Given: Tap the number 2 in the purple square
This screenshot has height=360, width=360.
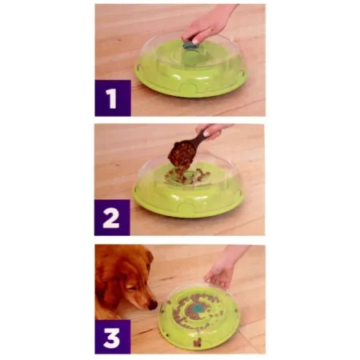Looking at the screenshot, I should click(x=112, y=217).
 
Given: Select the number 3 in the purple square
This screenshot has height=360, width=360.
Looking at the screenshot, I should click(x=112, y=335).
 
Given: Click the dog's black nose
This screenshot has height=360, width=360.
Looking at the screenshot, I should click(x=152, y=304).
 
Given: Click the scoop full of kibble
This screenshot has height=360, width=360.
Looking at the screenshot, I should click(x=181, y=152).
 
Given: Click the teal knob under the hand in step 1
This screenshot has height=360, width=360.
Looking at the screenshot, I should click(x=191, y=47).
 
